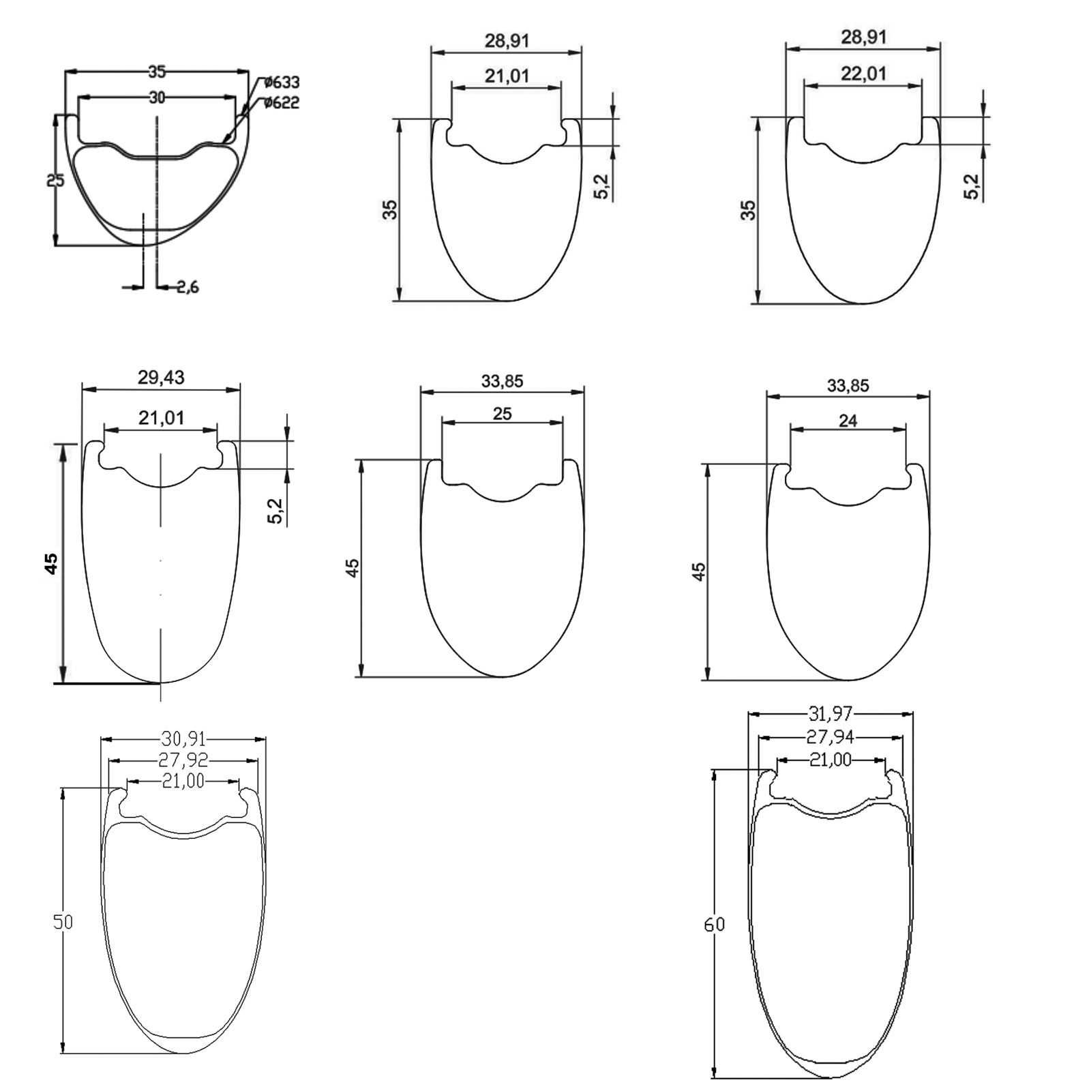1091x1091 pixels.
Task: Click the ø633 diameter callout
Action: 282,83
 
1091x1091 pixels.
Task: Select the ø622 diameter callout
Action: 282,103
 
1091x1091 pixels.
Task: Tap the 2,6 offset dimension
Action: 188,287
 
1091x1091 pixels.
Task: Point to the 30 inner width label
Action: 157,98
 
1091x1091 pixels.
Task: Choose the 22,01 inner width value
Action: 863,73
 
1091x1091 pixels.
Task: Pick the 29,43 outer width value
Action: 161,377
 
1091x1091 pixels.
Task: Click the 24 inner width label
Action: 848,421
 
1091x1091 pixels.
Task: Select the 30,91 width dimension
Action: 183,738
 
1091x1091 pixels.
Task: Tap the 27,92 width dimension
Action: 183,760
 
